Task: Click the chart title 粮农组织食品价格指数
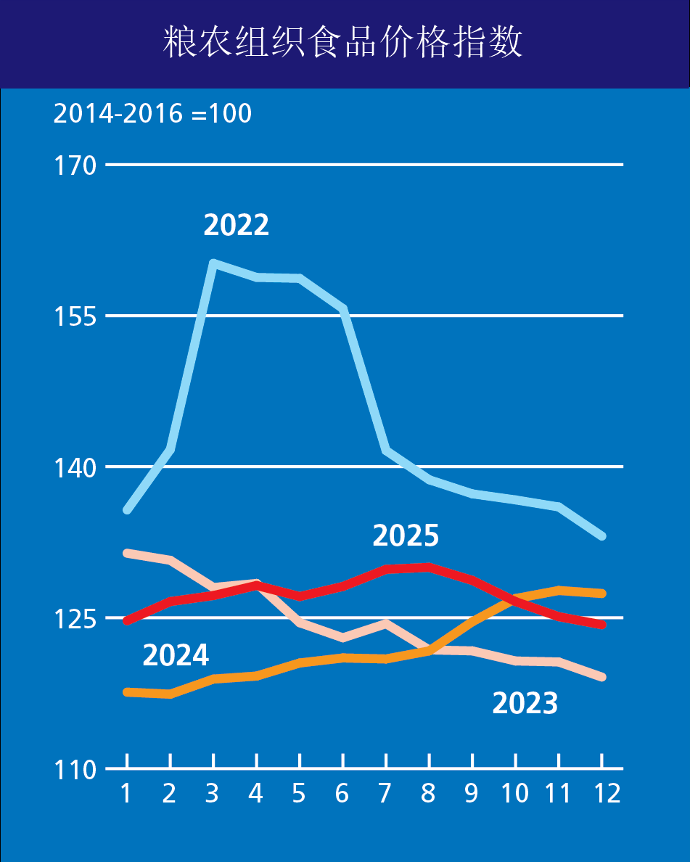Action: (343, 44)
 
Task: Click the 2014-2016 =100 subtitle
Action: (152, 114)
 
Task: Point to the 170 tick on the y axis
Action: (75, 166)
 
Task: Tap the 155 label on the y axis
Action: (75, 317)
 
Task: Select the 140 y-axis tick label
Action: (75, 468)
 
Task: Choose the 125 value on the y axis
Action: (75, 619)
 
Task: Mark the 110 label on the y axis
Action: (75, 770)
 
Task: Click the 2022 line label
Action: (236, 225)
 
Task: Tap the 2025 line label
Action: (406, 535)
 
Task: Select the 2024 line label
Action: (176, 655)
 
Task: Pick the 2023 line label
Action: (525, 703)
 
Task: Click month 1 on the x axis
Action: (126, 794)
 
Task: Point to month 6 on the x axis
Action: (342, 794)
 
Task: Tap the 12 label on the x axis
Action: (602, 794)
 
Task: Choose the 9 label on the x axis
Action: (472, 794)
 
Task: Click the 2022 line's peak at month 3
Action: (213, 263)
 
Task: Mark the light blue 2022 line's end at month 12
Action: (601, 536)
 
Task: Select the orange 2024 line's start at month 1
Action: (127, 692)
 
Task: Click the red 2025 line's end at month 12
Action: (601, 625)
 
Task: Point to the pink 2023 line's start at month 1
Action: (127, 553)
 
